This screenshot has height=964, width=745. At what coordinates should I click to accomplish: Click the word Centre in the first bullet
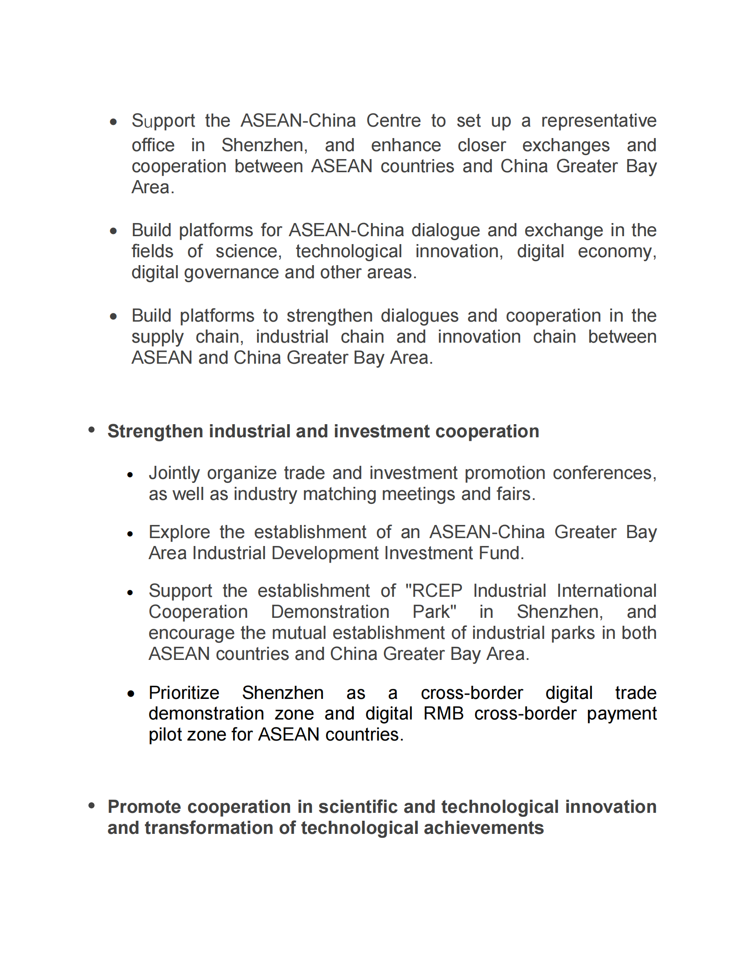point(393,120)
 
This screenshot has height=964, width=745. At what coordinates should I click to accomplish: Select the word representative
point(599,120)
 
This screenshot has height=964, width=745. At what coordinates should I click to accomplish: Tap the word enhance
point(406,145)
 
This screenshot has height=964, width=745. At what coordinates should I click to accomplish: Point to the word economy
point(617,252)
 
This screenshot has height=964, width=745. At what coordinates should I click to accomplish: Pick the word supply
point(157,337)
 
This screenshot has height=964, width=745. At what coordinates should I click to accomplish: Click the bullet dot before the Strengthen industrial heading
point(92,430)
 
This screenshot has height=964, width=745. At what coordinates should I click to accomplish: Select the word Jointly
point(174,473)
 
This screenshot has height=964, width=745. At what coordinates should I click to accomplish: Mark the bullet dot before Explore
point(130,534)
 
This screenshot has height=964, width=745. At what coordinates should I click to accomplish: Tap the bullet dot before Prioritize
point(131,694)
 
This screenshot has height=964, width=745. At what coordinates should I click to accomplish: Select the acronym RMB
point(443,714)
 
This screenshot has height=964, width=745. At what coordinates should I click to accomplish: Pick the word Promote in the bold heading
point(144,807)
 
